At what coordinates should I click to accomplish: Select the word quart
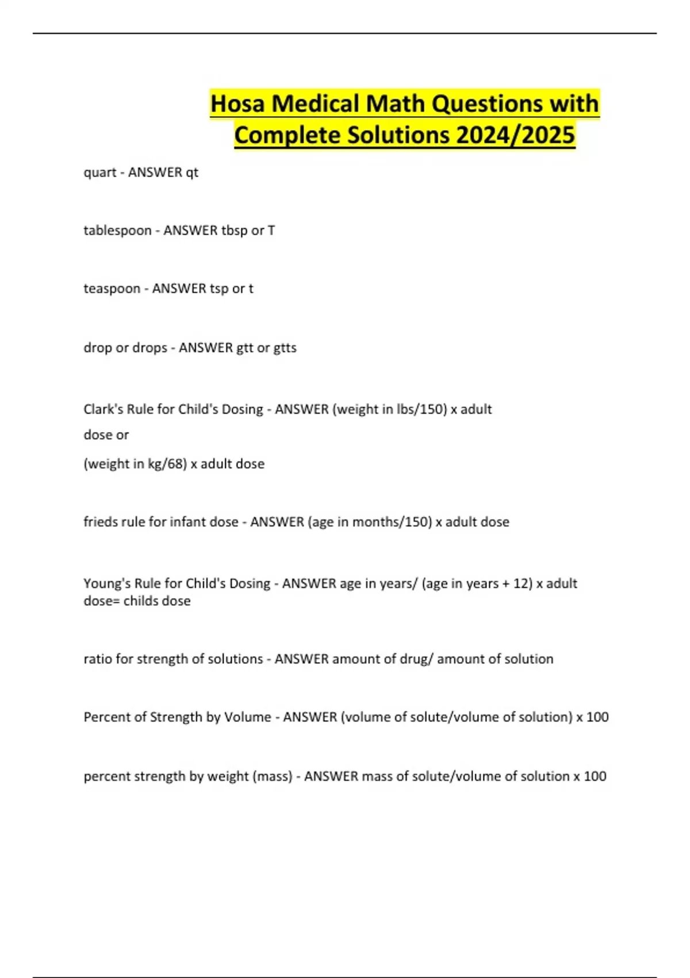pyautogui.click(x=100, y=173)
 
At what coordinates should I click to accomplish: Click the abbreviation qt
pyautogui.click(x=192, y=173)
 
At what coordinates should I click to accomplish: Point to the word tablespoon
pyautogui.click(x=117, y=231)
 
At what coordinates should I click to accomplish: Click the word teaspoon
pyautogui.click(x=112, y=289)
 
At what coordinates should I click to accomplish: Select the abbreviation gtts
pyautogui.click(x=285, y=348)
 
